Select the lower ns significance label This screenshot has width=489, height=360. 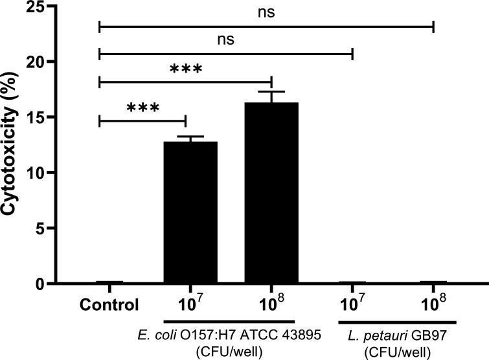point(225,39)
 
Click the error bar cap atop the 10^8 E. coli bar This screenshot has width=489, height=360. point(271,92)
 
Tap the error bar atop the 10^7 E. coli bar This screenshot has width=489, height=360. point(190,137)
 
